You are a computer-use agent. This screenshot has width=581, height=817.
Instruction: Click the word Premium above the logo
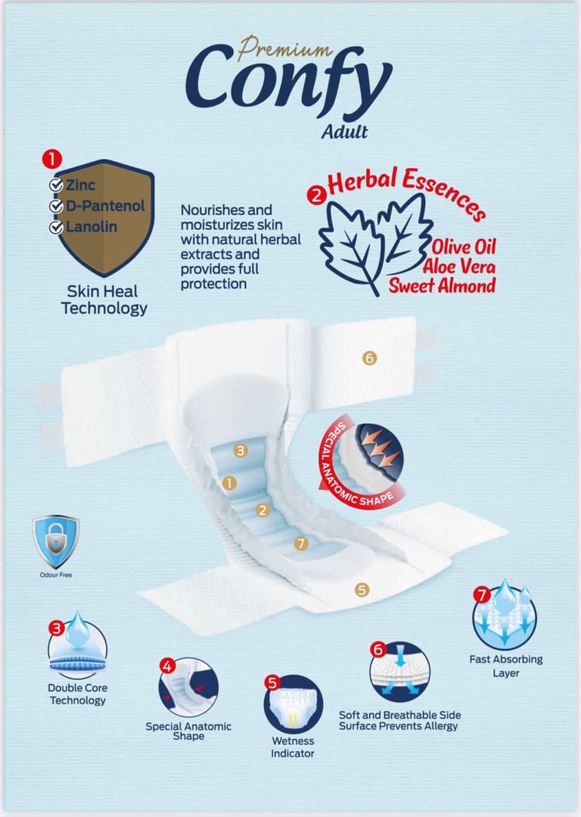[284, 48]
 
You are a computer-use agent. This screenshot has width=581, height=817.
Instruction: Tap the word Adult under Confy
[344, 132]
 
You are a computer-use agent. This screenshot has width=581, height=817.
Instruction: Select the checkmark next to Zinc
[56, 185]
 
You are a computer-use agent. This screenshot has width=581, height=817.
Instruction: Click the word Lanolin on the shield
[92, 227]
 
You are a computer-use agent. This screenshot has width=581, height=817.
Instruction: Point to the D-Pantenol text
[105, 206]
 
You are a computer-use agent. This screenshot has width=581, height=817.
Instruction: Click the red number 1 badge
[52, 160]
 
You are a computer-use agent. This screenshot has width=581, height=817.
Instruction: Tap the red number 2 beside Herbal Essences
[317, 195]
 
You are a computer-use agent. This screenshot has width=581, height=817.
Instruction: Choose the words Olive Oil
[464, 247]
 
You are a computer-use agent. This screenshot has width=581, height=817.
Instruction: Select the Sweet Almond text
[442, 285]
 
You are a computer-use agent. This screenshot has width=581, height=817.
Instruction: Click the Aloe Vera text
[459, 267]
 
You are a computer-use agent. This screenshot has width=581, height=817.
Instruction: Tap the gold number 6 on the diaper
[369, 358]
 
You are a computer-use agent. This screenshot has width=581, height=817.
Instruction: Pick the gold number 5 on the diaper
[362, 590]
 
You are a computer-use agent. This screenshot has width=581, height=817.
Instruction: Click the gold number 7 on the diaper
[300, 543]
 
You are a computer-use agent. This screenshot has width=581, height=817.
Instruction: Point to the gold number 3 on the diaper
[241, 450]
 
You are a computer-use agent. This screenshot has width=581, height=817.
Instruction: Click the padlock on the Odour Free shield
[56, 539]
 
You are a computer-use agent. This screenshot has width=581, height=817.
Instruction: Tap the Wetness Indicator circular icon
[293, 704]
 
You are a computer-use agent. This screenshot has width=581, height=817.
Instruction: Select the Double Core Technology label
[78, 694]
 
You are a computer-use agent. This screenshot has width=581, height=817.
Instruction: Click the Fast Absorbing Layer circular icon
[505, 617]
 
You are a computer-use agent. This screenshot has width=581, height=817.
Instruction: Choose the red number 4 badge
[167, 666]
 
